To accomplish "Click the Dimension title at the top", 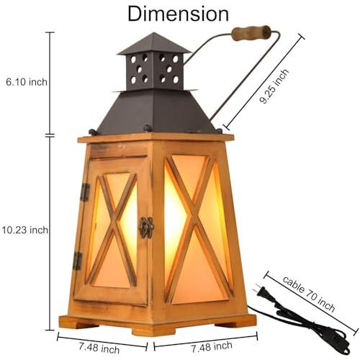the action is (178, 14).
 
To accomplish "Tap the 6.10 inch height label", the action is (27, 82).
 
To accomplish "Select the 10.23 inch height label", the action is (25, 230).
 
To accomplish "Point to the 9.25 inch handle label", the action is (274, 86).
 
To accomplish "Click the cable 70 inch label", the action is (309, 294).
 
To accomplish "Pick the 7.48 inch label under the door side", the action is (99, 348).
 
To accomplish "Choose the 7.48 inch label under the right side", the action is (212, 347).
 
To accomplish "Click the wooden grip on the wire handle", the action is (251, 33).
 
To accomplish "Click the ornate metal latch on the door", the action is (146, 228).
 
